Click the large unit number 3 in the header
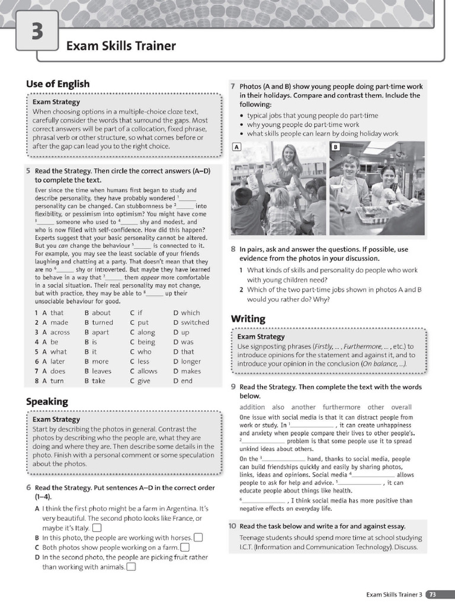(x=37, y=31)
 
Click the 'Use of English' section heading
(x=57, y=84)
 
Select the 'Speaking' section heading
(x=47, y=401)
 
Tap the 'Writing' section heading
(x=248, y=319)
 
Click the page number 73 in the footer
(x=433, y=594)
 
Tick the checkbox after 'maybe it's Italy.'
(x=97, y=528)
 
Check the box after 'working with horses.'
(x=198, y=537)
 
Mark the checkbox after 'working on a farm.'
(x=185, y=547)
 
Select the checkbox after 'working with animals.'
(x=131, y=567)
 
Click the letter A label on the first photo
(x=236, y=146)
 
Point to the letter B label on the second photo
(x=335, y=146)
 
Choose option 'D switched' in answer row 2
(x=191, y=323)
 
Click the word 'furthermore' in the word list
(x=341, y=407)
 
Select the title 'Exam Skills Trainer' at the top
(x=121, y=46)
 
